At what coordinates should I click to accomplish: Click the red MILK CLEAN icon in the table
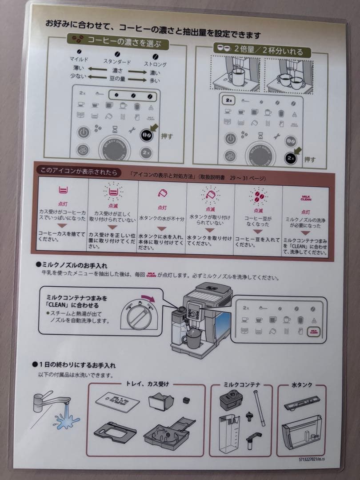point(306,198)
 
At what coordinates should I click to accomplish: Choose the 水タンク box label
point(302,384)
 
